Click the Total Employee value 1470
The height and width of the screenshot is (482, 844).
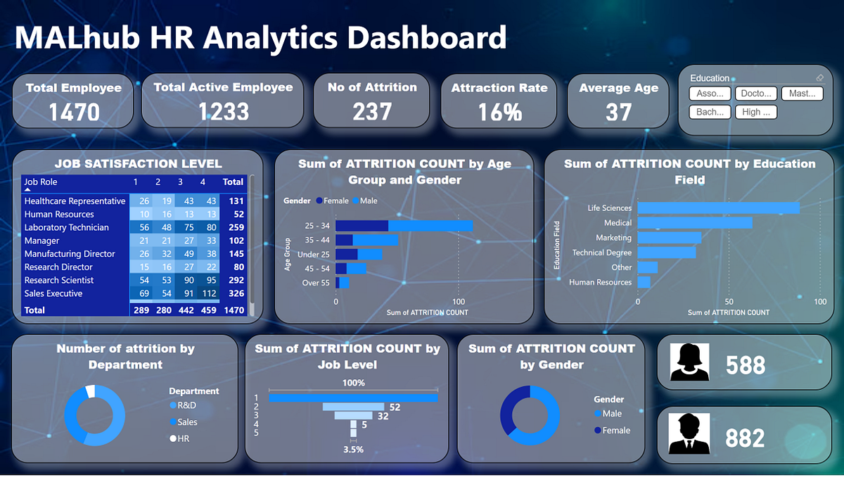click(72, 111)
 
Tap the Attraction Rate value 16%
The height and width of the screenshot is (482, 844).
click(499, 112)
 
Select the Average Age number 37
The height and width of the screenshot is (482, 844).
click(618, 112)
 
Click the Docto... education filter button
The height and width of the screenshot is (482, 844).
click(755, 94)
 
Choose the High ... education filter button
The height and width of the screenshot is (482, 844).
click(755, 112)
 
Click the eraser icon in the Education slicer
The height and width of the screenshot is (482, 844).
click(819, 78)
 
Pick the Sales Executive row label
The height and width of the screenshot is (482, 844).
click(53, 293)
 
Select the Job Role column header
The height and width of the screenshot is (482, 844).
click(41, 182)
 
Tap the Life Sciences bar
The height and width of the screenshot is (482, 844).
click(718, 208)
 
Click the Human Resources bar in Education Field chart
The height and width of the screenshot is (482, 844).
click(644, 282)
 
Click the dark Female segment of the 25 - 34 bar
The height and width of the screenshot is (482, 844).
click(362, 225)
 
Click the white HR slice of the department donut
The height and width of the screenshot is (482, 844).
click(90, 391)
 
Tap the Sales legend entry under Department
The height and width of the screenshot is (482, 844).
click(187, 422)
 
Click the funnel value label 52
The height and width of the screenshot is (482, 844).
click(394, 407)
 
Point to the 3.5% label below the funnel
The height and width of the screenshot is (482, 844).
click(354, 449)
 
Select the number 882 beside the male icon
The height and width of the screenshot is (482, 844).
click(745, 438)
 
